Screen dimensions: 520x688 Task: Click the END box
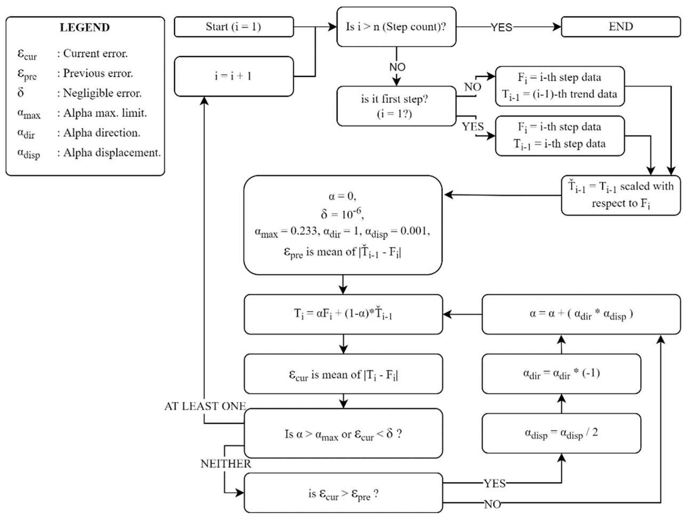click(x=621, y=27)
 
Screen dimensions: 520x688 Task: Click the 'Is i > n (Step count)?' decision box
click(x=396, y=27)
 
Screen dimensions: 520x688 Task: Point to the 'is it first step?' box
click(x=396, y=106)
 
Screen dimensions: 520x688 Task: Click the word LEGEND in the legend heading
click(x=84, y=27)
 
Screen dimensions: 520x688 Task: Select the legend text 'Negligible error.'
click(x=102, y=93)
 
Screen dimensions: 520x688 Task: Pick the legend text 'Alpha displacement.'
click(x=112, y=153)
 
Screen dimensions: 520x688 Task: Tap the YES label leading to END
click(x=501, y=27)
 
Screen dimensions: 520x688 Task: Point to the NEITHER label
click(x=226, y=464)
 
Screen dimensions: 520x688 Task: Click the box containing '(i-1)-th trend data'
click(x=560, y=86)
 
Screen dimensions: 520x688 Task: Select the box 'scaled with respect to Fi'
click(x=621, y=195)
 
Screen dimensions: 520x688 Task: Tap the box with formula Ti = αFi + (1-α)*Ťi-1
click(x=343, y=314)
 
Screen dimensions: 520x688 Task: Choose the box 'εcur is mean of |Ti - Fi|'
click(x=343, y=374)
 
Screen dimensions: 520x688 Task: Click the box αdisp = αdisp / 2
click(x=561, y=433)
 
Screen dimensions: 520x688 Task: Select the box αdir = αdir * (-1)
click(x=561, y=374)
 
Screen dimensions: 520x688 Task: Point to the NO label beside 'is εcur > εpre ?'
click(x=492, y=504)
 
